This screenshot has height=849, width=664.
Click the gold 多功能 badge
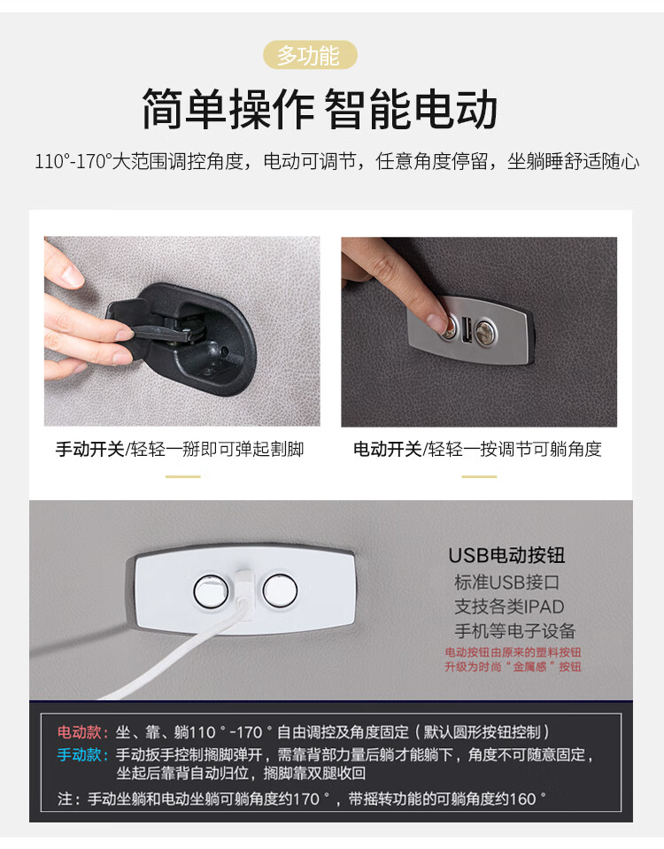tap(310, 55)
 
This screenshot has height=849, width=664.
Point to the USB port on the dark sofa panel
tap(467, 329)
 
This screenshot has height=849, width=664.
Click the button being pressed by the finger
tap(449, 328)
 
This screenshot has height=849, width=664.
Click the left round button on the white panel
tap(211, 590)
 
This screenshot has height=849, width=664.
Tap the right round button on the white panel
tap(280, 590)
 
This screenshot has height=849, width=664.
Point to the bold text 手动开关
tap(90, 449)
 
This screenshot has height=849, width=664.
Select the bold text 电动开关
tap(387, 449)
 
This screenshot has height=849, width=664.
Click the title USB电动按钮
tap(507, 555)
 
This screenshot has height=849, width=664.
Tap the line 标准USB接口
tap(507, 583)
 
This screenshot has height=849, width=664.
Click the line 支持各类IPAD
tap(509, 606)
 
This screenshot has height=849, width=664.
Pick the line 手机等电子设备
tap(514, 631)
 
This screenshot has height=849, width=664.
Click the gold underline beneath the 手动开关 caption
tap(183, 476)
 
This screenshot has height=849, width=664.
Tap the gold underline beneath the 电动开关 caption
tap(479, 476)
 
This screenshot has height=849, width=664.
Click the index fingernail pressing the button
tap(436, 320)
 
